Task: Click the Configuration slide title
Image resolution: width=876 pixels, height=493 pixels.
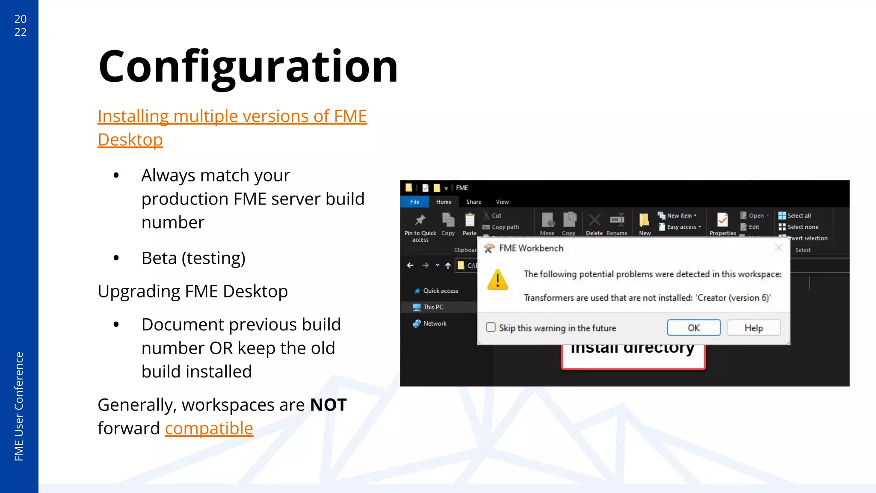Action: [248, 67]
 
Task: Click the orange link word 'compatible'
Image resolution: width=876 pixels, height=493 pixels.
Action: [209, 428]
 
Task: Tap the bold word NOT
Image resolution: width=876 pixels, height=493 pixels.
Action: [328, 405]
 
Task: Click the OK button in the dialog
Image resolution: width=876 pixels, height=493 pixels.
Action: [693, 328]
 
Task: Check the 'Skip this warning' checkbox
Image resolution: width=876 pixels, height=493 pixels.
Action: [491, 327]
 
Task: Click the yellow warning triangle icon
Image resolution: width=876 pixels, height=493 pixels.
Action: [497, 280]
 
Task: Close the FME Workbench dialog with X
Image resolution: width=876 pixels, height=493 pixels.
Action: [778, 248]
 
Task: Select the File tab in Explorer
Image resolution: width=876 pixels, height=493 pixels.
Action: [414, 202]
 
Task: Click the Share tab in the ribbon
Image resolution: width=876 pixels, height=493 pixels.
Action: [474, 202]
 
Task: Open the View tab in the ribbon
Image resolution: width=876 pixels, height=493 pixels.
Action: [502, 202]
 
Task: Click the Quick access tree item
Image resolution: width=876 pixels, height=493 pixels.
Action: [440, 291]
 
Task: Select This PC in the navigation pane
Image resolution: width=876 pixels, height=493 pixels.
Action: [433, 307]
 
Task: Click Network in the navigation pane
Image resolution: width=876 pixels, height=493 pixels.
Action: [435, 324]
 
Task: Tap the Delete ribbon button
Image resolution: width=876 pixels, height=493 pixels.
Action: [594, 224]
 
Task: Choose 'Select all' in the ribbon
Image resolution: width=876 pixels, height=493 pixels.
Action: [799, 216]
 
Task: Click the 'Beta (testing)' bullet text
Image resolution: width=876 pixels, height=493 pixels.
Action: [193, 258]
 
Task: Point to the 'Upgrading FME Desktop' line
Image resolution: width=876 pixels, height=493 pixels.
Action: [192, 291]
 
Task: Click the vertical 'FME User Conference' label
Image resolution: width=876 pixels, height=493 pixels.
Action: [19, 406]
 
